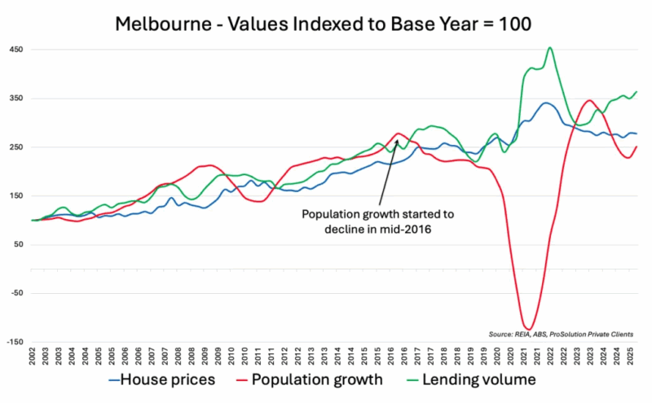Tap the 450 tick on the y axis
[x=16, y=50]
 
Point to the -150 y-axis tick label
[x=15, y=342]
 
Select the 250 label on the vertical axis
[x=16, y=147]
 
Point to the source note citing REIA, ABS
[x=562, y=334]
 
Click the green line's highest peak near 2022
[x=550, y=48]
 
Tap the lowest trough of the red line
[x=527, y=330]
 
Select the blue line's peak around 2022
[x=546, y=103]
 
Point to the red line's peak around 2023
[x=588, y=101]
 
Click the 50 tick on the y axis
[x=19, y=244]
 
